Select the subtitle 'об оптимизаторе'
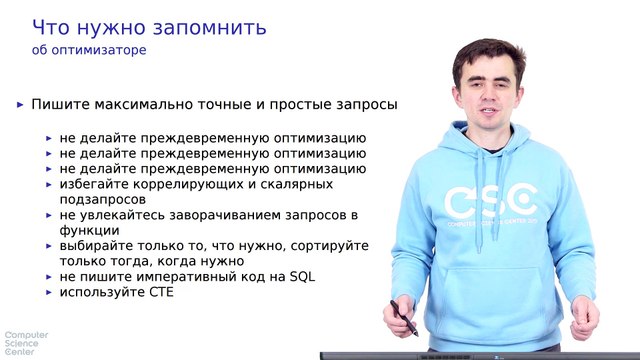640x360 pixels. point(87,50)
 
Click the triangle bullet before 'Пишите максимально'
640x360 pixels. point(21,104)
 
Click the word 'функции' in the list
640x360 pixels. point(89,230)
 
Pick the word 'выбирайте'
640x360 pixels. point(98,245)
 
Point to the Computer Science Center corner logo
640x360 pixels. point(22,343)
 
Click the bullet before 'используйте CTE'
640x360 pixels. point(50,292)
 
